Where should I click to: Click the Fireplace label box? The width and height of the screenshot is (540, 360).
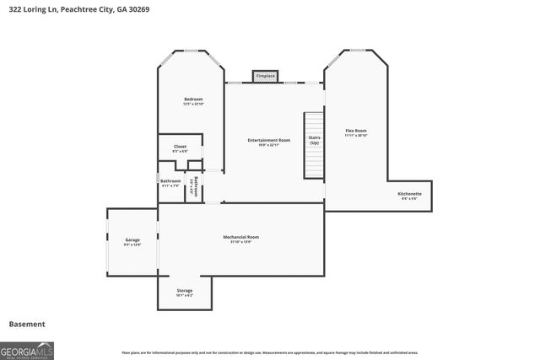[266, 76]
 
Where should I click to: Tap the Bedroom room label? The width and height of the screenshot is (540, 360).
[193, 99]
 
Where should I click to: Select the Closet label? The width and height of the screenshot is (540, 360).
[180, 146]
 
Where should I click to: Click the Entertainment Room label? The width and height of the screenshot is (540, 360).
[269, 139]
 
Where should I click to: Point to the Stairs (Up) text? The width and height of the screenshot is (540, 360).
[314, 139]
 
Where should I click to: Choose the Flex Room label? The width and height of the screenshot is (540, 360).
[356, 130]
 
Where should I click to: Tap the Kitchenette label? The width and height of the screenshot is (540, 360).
[410, 193]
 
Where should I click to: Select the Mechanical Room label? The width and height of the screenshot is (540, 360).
[240, 237]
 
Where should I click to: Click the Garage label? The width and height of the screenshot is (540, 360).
[132, 239]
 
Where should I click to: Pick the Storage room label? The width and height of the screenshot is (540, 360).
[184, 290]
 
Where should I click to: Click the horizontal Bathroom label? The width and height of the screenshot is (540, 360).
[170, 180]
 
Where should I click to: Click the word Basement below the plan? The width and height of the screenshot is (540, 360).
[27, 324]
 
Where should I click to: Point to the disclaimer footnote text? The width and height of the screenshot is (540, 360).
[269, 352]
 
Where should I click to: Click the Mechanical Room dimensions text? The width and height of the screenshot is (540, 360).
[240, 242]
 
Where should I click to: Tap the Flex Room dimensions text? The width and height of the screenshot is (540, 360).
[356, 135]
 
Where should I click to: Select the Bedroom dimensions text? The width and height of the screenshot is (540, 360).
[193, 104]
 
